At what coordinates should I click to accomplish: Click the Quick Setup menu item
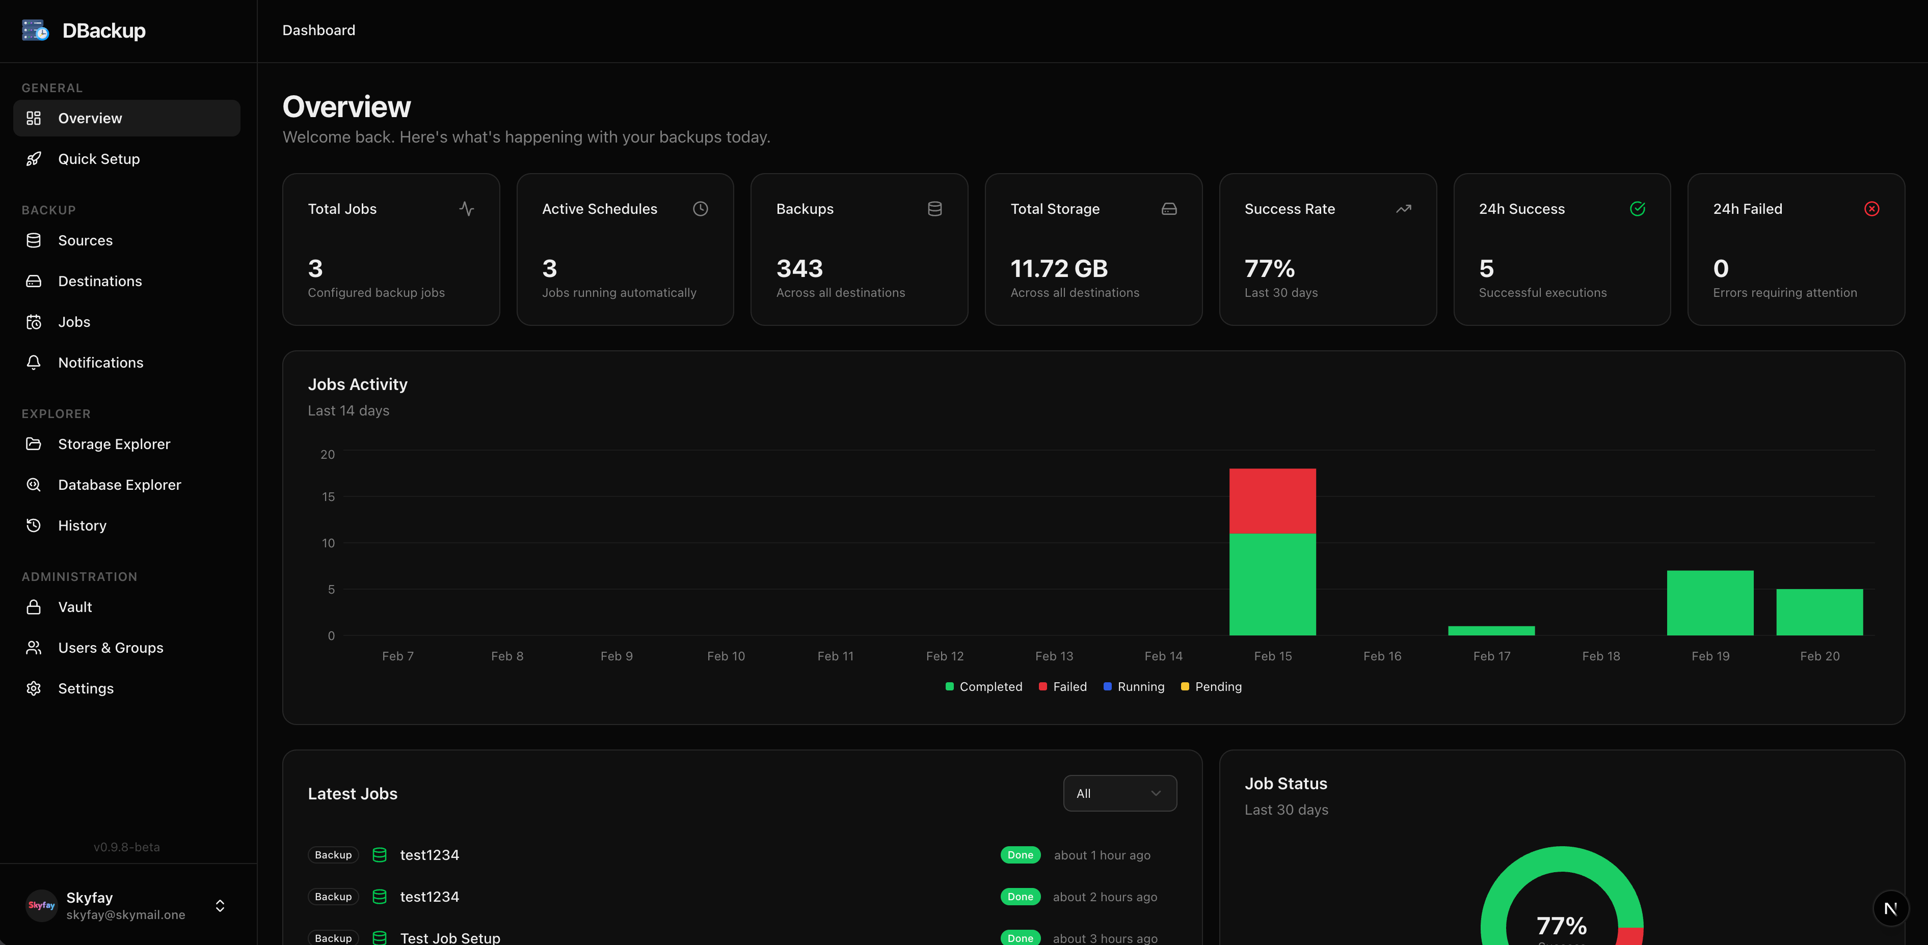(99, 159)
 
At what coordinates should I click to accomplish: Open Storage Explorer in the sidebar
(114, 443)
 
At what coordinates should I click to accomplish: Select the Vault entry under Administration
(75, 607)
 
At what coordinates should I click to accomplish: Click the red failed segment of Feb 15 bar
(1272, 501)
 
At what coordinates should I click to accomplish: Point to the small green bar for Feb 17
(1491, 631)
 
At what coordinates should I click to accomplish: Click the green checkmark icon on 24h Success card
(1637, 209)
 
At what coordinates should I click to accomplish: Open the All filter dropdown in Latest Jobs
(1119, 793)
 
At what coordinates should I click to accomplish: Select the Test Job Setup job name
(450, 937)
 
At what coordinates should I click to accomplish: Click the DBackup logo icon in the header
(35, 31)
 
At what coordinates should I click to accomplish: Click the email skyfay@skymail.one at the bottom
(126, 915)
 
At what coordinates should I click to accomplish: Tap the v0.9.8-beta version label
(126, 847)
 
